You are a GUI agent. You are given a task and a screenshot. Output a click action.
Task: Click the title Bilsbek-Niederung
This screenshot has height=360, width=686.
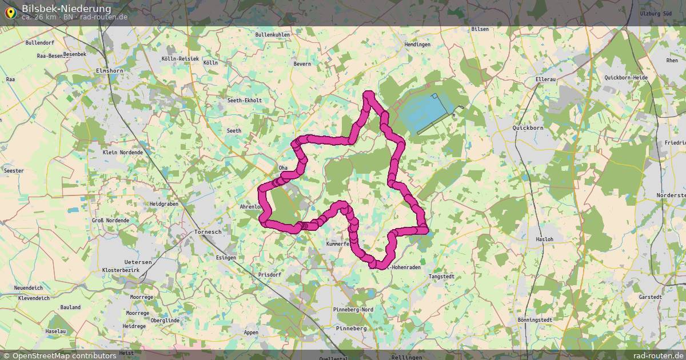66,9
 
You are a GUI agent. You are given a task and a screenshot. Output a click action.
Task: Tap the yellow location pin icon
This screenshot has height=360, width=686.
10,12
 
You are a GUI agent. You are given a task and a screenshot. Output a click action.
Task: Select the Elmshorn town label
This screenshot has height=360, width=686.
109,70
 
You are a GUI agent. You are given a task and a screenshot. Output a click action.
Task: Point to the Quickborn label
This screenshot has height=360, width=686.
528,128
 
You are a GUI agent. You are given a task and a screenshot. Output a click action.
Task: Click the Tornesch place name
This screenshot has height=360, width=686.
208,232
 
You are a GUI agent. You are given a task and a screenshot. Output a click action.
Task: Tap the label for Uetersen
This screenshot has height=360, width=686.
138,262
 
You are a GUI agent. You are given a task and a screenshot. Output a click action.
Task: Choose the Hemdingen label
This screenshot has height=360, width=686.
417,45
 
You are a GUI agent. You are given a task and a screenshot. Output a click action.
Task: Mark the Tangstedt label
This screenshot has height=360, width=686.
441,277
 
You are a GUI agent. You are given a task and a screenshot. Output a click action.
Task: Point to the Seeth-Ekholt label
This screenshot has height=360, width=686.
245,101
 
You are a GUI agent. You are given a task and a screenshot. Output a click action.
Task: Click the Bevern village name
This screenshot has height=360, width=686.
302,64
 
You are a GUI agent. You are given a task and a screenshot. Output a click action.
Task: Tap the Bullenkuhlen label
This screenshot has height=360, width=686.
273,35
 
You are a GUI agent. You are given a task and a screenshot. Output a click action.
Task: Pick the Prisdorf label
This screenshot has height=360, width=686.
269,275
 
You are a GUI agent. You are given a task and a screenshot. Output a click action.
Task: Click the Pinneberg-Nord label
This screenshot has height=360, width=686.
353,310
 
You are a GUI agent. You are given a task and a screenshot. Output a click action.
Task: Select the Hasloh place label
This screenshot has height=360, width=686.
544,239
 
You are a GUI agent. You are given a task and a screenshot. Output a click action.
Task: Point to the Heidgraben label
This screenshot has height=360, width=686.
163,204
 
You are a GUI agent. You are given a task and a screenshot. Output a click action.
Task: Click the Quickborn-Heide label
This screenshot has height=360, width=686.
626,78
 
